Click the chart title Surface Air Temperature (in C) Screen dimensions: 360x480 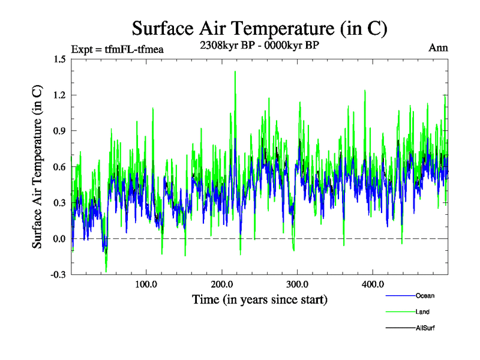coord(259,28)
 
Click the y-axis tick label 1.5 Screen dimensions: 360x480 coord(59,59)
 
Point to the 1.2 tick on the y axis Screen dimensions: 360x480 coord(59,95)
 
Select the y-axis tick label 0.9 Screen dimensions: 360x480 coord(59,131)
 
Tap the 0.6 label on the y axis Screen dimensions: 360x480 coord(59,167)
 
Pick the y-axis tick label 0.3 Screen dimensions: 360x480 coord(59,203)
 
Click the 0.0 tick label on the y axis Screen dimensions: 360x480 coord(59,239)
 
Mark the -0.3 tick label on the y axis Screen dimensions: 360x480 coord(58,275)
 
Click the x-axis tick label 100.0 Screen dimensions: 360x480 coord(146,284)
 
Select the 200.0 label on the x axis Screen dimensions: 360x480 coord(221,284)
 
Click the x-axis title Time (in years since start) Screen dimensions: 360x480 coord(259,299)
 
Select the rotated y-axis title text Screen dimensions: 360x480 coord(37,167)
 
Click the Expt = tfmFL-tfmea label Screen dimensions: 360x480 coord(117,49)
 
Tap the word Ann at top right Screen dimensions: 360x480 coord(438,48)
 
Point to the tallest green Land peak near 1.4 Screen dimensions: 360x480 coord(235,72)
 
